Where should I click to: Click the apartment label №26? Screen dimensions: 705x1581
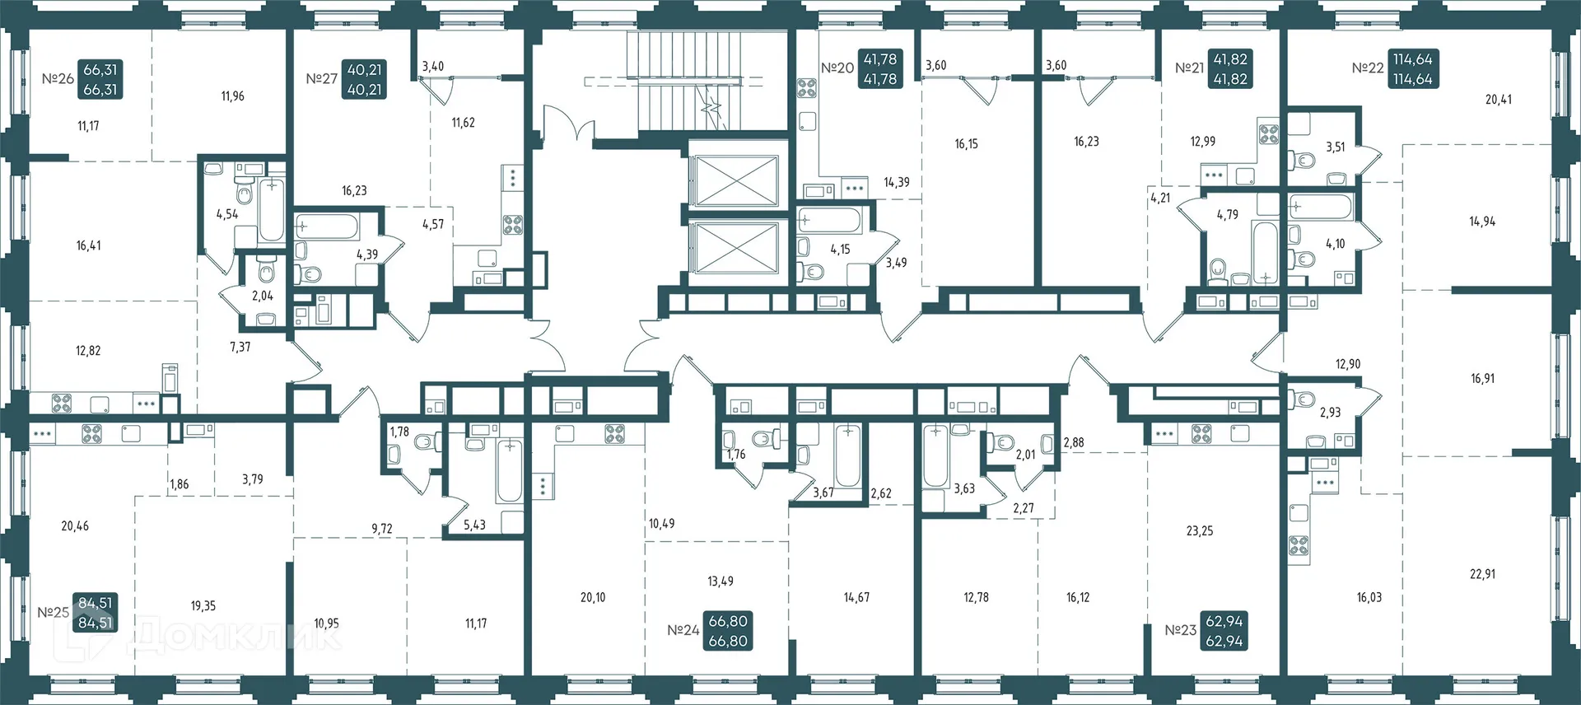coord(58,79)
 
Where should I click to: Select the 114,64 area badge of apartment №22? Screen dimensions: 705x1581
coord(1412,69)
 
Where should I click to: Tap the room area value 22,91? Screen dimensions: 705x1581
coord(1482,574)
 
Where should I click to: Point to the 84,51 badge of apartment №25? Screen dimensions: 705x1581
coord(96,613)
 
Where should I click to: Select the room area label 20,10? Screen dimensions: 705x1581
coord(593,597)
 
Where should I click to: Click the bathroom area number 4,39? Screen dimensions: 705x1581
coord(367,254)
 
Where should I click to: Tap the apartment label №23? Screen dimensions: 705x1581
coord(1180,630)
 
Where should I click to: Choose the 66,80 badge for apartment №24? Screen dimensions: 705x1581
coord(728,631)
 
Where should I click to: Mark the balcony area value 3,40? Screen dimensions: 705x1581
coord(432,67)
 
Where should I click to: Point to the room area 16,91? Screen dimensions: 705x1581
coord(1482,379)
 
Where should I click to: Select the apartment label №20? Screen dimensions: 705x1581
coord(837,68)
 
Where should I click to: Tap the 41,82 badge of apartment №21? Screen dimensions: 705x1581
coord(1230,69)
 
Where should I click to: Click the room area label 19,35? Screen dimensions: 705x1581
coord(203,605)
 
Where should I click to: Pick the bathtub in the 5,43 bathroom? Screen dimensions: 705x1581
coord(509,471)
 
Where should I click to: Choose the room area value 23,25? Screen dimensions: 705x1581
coord(1199,531)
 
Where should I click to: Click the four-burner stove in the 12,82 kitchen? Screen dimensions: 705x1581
coord(62,404)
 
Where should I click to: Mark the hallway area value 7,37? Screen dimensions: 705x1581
coord(240,348)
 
